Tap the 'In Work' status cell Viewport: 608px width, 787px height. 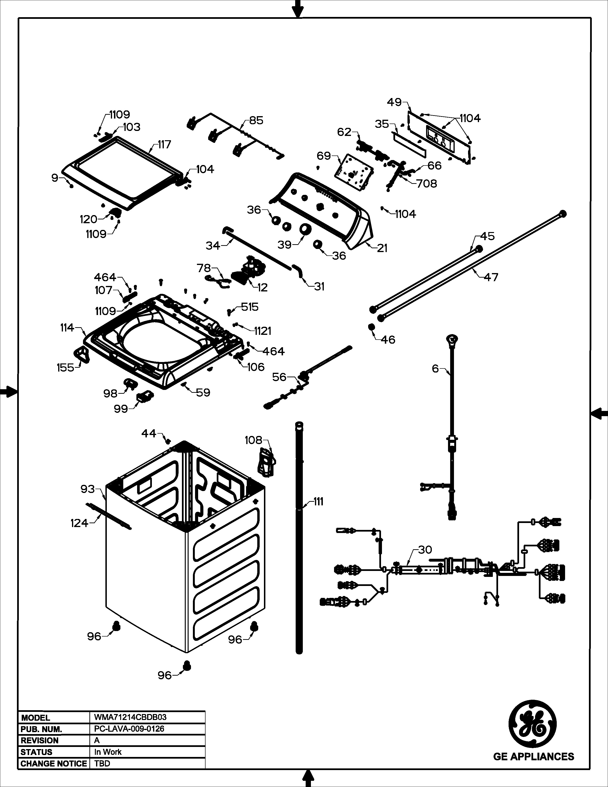(x=108, y=752)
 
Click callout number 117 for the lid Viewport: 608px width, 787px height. (x=164, y=145)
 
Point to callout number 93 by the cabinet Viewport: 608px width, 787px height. (x=88, y=489)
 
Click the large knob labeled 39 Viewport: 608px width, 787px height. (x=305, y=229)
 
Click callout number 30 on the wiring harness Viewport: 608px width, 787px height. (x=425, y=549)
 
